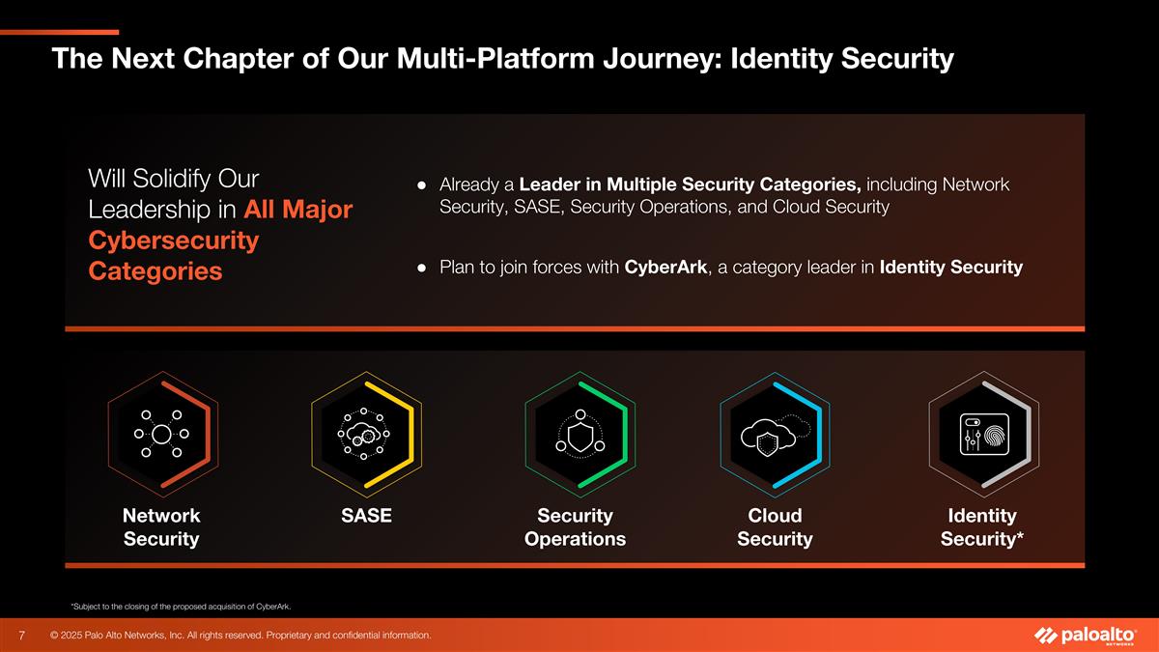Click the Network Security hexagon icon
(x=162, y=434)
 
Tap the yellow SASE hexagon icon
(x=366, y=434)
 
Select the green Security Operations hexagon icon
(x=580, y=434)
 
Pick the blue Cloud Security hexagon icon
(x=775, y=434)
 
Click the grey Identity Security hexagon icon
(x=983, y=434)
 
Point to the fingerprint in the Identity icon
(x=996, y=436)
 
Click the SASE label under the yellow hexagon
(x=366, y=516)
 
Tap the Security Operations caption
(x=575, y=527)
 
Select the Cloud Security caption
(x=775, y=527)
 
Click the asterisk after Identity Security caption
(x=1019, y=534)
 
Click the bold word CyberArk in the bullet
(x=665, y=267)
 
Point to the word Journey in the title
(x=663, y=59)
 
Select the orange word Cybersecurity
(x=173, y=241)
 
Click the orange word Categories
(x=155, y=270)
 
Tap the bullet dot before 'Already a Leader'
(x=422, y=184)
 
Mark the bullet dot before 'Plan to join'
(x=422, y=268)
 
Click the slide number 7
(x=21, y=635)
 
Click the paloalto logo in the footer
(x=1086, y=636)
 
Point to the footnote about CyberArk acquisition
(x=182, y=607)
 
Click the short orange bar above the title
(x=60, y=32)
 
